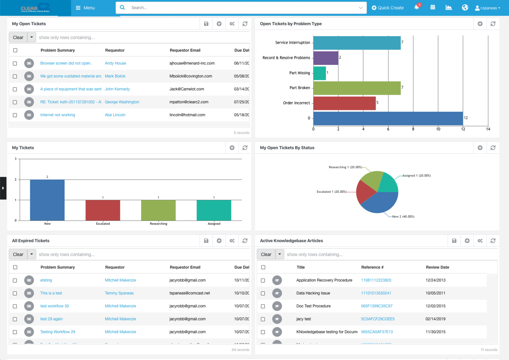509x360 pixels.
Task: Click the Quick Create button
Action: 387,8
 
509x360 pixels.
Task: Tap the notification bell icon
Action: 417,7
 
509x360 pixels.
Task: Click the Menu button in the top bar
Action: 85,8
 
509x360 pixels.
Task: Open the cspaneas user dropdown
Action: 487,8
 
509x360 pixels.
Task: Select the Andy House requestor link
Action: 115,63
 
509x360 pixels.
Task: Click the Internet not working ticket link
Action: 58,115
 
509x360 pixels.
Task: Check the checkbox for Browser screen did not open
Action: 15,63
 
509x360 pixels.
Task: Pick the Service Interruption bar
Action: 357,43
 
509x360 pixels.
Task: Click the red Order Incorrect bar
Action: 344,103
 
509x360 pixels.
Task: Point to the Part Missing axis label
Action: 300,73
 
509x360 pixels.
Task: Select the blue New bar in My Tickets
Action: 47,200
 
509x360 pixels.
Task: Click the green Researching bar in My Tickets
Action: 158,210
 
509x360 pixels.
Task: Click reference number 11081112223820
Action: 376,280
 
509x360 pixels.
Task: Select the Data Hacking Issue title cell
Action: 313,293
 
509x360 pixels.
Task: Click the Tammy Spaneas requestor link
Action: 119,293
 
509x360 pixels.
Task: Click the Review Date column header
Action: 437,267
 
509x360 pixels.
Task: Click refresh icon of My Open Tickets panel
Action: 245,24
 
